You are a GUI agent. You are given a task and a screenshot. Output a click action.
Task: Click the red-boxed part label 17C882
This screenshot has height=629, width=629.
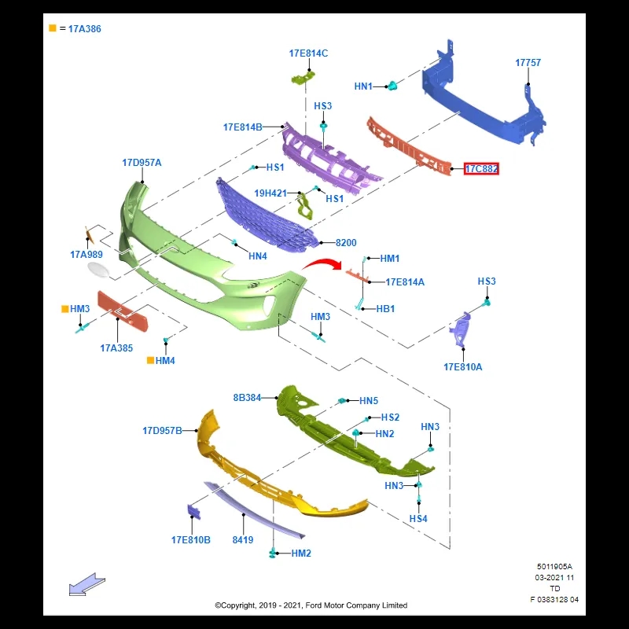[481, 169]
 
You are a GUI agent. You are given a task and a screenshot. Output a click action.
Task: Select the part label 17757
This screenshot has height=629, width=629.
[528, 63]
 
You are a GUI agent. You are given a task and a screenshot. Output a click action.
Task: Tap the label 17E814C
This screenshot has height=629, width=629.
[308, 53]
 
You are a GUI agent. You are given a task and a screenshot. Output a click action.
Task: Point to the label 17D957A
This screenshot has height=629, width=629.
[142, 163]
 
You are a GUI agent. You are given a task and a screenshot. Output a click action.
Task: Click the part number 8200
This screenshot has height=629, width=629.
[346, 244]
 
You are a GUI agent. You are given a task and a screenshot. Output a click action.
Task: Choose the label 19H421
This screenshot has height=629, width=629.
[270, 193]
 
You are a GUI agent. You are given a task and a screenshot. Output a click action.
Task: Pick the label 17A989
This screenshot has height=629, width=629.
[86, 255]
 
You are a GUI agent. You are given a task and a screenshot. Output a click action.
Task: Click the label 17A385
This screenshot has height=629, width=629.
[116, 348]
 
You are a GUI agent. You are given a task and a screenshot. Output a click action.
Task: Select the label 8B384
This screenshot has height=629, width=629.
[247, 398]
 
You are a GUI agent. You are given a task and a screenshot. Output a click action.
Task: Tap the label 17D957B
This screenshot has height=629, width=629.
[162, 431]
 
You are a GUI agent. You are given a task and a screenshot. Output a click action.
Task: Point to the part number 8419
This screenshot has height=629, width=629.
[243, 540]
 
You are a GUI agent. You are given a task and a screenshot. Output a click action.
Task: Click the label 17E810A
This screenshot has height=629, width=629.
[463, 367]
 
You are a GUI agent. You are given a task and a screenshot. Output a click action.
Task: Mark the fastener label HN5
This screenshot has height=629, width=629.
[369, 401]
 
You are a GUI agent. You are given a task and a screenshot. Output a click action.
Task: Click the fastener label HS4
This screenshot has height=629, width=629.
[418, 519]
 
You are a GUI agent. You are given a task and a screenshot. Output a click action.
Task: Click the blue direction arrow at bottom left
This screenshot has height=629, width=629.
[86, 585]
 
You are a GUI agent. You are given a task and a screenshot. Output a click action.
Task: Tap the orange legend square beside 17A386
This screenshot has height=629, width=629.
[53, 28]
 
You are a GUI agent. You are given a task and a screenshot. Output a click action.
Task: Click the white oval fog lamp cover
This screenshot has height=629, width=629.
[100, 271]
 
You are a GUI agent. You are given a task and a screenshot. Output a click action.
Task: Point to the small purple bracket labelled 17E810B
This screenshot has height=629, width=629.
[194, 511]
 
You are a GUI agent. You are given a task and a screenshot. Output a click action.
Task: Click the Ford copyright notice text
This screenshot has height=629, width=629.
[311, 605]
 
